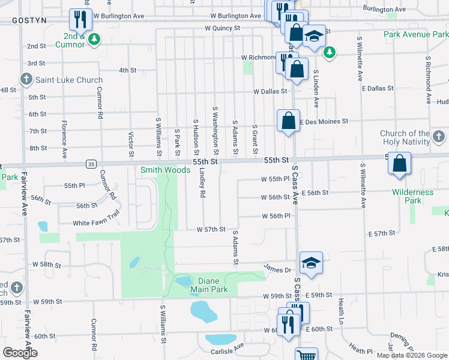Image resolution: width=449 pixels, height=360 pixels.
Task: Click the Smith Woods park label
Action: tap(165, 170)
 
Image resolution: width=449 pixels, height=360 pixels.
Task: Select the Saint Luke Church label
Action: tap(69, 80)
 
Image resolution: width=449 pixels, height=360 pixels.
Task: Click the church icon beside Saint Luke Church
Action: tap(26, 79)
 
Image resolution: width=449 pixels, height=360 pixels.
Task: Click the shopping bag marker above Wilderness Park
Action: tap(399, 164)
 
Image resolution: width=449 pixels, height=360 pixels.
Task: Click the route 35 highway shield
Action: tap(91, 163)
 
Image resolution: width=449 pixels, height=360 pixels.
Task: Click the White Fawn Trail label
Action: tap(97, 223)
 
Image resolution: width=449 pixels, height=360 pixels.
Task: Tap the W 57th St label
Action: tap(211, 229)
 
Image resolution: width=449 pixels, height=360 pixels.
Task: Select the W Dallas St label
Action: tap(270, 92)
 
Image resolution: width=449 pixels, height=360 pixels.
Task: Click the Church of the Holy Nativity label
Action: tap(414, 137)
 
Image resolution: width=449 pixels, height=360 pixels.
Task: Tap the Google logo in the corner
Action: tap(20, 353)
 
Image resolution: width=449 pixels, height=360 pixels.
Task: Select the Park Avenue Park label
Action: tap(416, 34)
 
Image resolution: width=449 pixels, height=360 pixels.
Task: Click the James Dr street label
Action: tap(278, 270)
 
